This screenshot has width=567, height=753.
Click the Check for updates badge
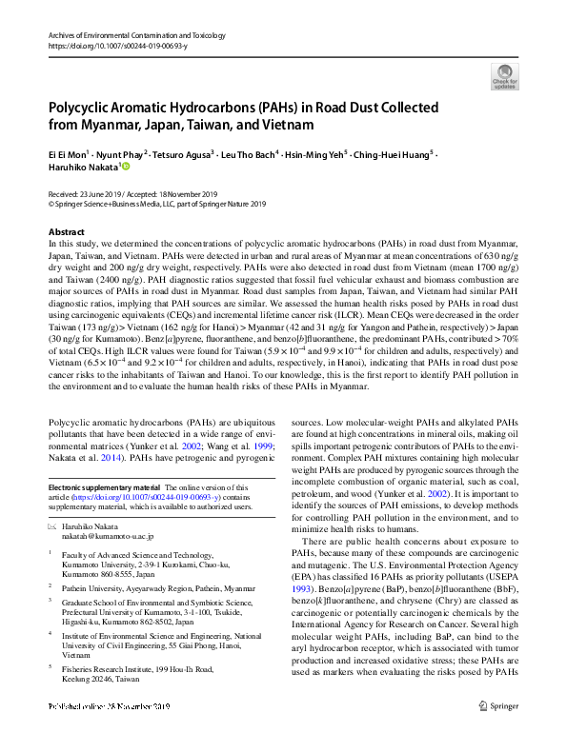[x=504, y=75]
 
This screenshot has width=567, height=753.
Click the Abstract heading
[x=66, y=232]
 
